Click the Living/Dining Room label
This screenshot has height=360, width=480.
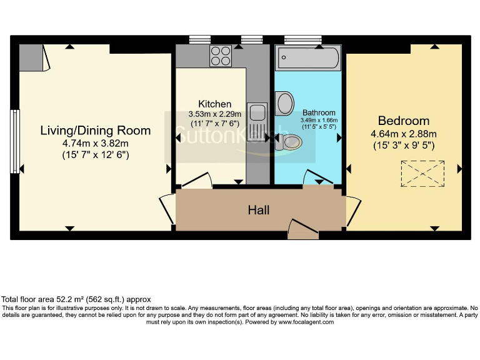pyautogui.click(x=96, y=131)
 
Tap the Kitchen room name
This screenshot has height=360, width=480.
pyautogui.click(x=214, y=104)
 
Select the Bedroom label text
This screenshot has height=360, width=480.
pyautogui.click(x=403, y=121)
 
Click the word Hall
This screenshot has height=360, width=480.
pyautogui.click(x=259, y=210)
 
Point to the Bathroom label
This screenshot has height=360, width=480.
pyautogui.click(x=319, y=113)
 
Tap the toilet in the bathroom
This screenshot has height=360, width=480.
pyautogui.click(x=289, y=143)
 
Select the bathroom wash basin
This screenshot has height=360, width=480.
pyautogui.click(x=285, y=104)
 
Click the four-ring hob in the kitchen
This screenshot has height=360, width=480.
pyautogui.click(x=221, y=56)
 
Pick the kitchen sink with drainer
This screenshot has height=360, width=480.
pyautogui.click(x=257, y=121)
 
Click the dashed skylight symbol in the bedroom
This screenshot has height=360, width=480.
pyautogui.click(x=421, y=174)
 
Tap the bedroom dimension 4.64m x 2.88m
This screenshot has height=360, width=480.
pyautogui.click(x=403, y=134)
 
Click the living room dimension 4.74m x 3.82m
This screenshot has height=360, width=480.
pyautogui.click(x=96, y=143)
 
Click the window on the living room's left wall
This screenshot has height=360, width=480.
pyautogui.click(x=14, y=141)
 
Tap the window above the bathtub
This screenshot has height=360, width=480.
pyautogui.click(x=302, y=39)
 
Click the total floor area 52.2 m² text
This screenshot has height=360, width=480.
pyautogui.click(x=76, y=299)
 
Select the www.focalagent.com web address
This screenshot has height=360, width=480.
pyautogui.click(x=306, y=322)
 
